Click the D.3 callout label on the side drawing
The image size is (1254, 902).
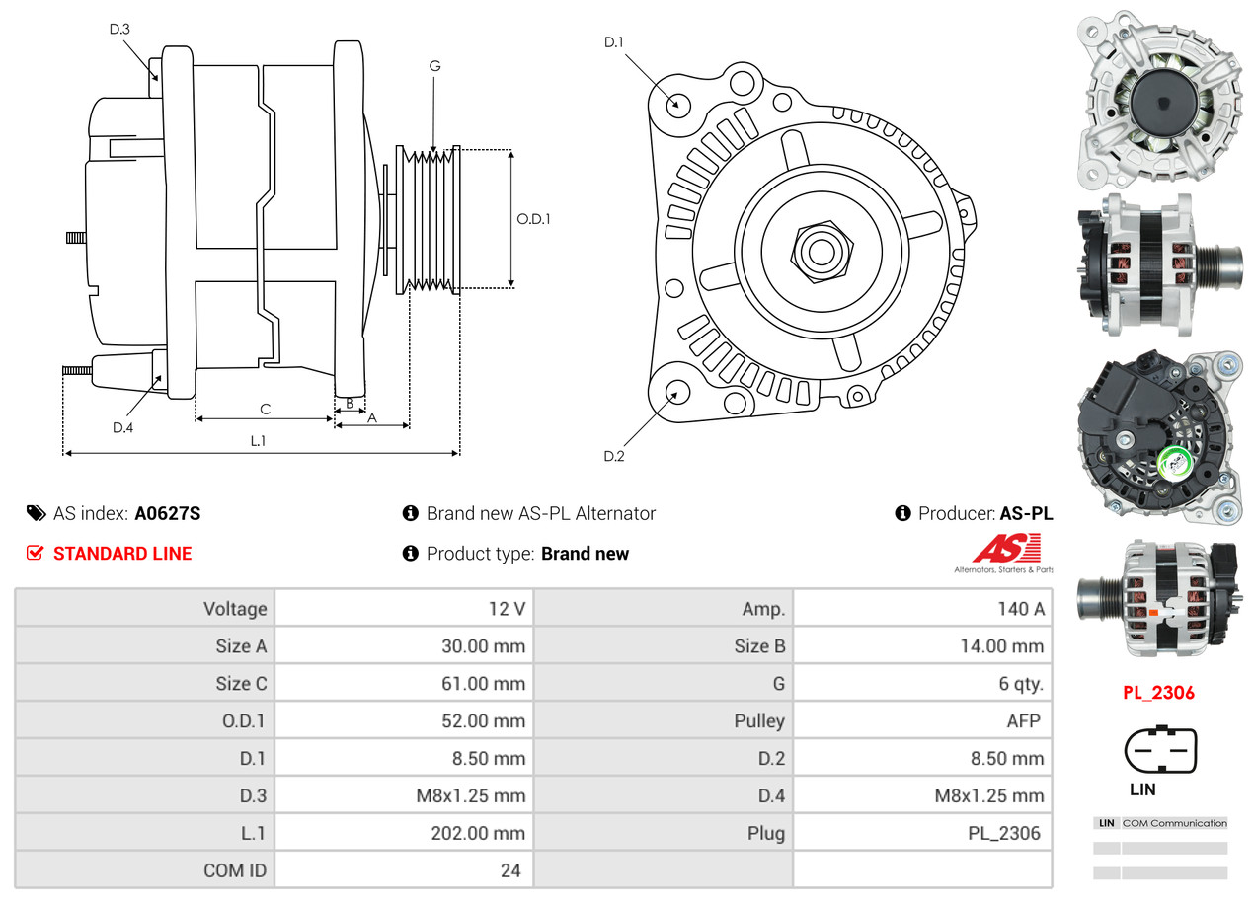[119, 29]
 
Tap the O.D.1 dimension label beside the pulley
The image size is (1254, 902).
[533, 219]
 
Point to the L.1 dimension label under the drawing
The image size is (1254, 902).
[257, 441]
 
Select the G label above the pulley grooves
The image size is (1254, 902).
[434, 66]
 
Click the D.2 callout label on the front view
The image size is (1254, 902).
[614, 456]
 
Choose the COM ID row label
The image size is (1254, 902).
[235, 870]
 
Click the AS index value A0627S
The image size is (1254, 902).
[168, 513]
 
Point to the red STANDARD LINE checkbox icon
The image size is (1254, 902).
[36, 553]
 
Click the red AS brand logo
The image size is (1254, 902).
[1005, 549]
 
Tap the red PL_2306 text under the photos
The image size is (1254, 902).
[1158, 692]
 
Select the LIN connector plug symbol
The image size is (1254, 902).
[1160, 751]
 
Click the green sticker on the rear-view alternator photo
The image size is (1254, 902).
[1171, 463]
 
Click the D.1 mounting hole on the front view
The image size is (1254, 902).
[677, 104]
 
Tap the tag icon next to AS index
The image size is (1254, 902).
[36, 513]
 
